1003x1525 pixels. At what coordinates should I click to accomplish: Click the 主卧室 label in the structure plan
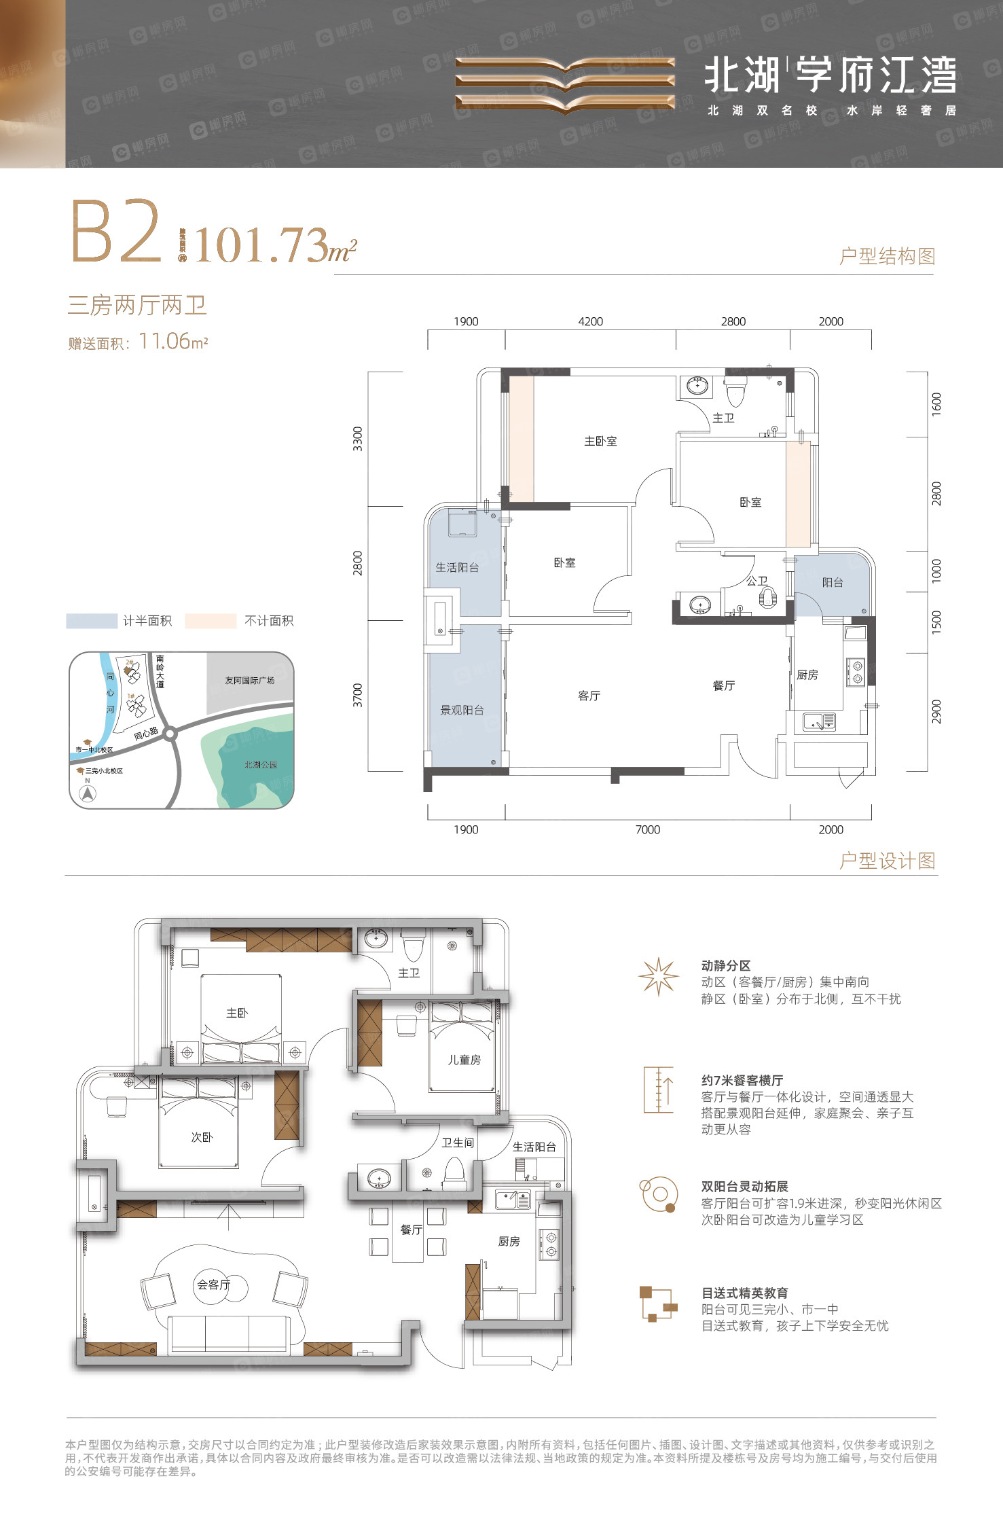[600, 442]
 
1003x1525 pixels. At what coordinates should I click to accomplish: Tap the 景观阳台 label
[462, 710]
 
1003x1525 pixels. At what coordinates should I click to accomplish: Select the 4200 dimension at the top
[590, 322]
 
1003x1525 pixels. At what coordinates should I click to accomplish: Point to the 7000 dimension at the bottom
[647, 829]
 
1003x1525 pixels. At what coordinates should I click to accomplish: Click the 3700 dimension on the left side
[358, 695]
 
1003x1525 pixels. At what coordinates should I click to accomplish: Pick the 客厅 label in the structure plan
[589, 696]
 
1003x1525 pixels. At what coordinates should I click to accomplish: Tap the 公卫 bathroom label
[757, 581]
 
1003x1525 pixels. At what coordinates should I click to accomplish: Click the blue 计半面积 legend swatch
[91, 621]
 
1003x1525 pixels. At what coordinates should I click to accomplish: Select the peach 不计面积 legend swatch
[211, 621]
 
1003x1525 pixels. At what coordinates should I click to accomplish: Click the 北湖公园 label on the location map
[261, 765]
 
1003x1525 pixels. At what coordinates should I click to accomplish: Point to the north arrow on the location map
[88, 793]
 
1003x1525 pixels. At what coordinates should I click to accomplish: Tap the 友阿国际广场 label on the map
[249, 680]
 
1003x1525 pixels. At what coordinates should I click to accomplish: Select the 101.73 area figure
[261, 245]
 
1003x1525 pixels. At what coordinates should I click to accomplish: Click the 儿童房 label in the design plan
[464, 1060]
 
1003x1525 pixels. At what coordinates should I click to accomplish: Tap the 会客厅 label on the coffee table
[214, 1285]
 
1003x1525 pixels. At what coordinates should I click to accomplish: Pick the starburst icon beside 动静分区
[658, 977]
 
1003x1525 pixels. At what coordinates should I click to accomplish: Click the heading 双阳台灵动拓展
[744, 1187]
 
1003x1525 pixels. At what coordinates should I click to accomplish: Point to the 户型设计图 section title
[887, 861]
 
